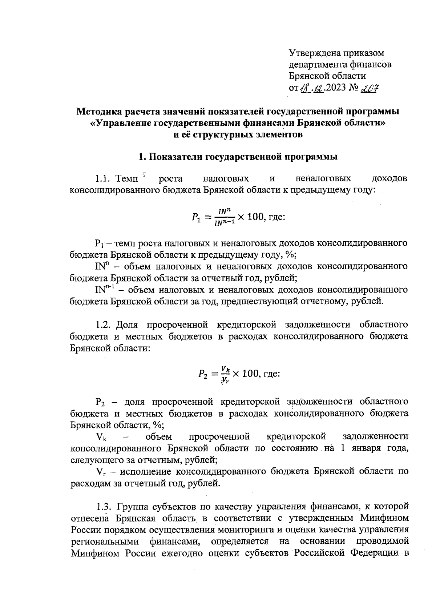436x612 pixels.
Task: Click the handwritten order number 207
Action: pyautogui.click(x=368, y=88)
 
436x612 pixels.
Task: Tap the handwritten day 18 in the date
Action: pyautogui.click(x=305, y=88)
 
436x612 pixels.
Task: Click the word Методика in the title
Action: pyautogui.click(x=99, y=111)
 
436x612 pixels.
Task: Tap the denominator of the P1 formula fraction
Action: pyautogui.click(x=225, y=224)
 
